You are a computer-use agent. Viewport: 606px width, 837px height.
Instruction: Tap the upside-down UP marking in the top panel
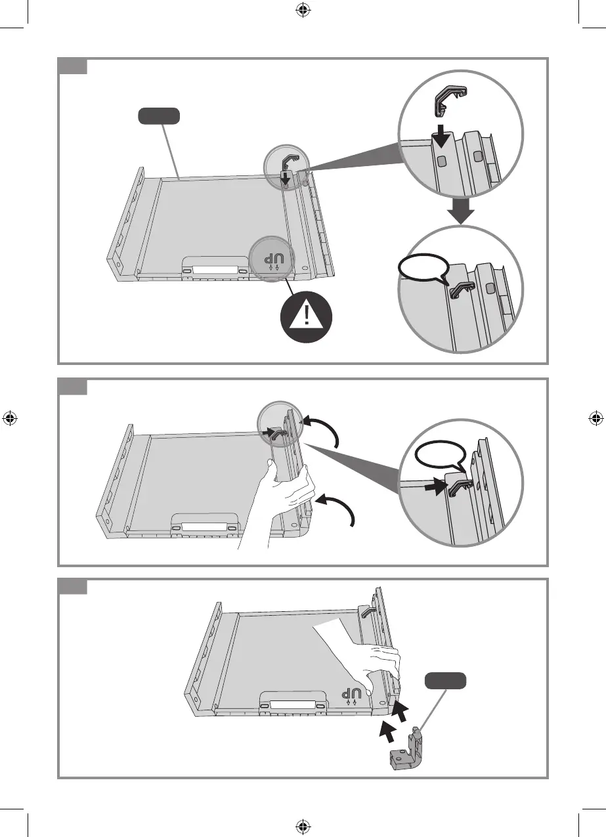coord(271,259)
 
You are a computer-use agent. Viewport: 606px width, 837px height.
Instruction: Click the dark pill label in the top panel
coord(158,117)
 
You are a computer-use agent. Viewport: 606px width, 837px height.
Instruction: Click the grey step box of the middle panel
coord(72,387)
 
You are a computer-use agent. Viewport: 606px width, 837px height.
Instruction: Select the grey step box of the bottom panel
coord(72,586)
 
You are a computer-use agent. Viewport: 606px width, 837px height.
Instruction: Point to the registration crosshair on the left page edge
coord(10,418)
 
